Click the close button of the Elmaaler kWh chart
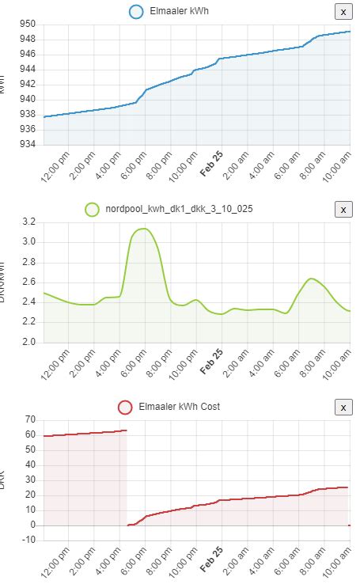click(343, 11)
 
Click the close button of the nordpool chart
click(343, 209)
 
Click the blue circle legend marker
click(136, 12)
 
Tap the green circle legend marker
click(92, 210)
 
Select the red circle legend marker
click(124, 407)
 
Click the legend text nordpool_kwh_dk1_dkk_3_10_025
click(179, 210)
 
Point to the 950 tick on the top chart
click(27, 24)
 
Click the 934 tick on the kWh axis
click(27, 144)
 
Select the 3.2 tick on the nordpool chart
click(30, 222)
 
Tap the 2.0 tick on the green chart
click(30, 343)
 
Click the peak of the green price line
click(143, 229)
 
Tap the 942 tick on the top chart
click(27, 84)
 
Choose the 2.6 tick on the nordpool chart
click(30, 283)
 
